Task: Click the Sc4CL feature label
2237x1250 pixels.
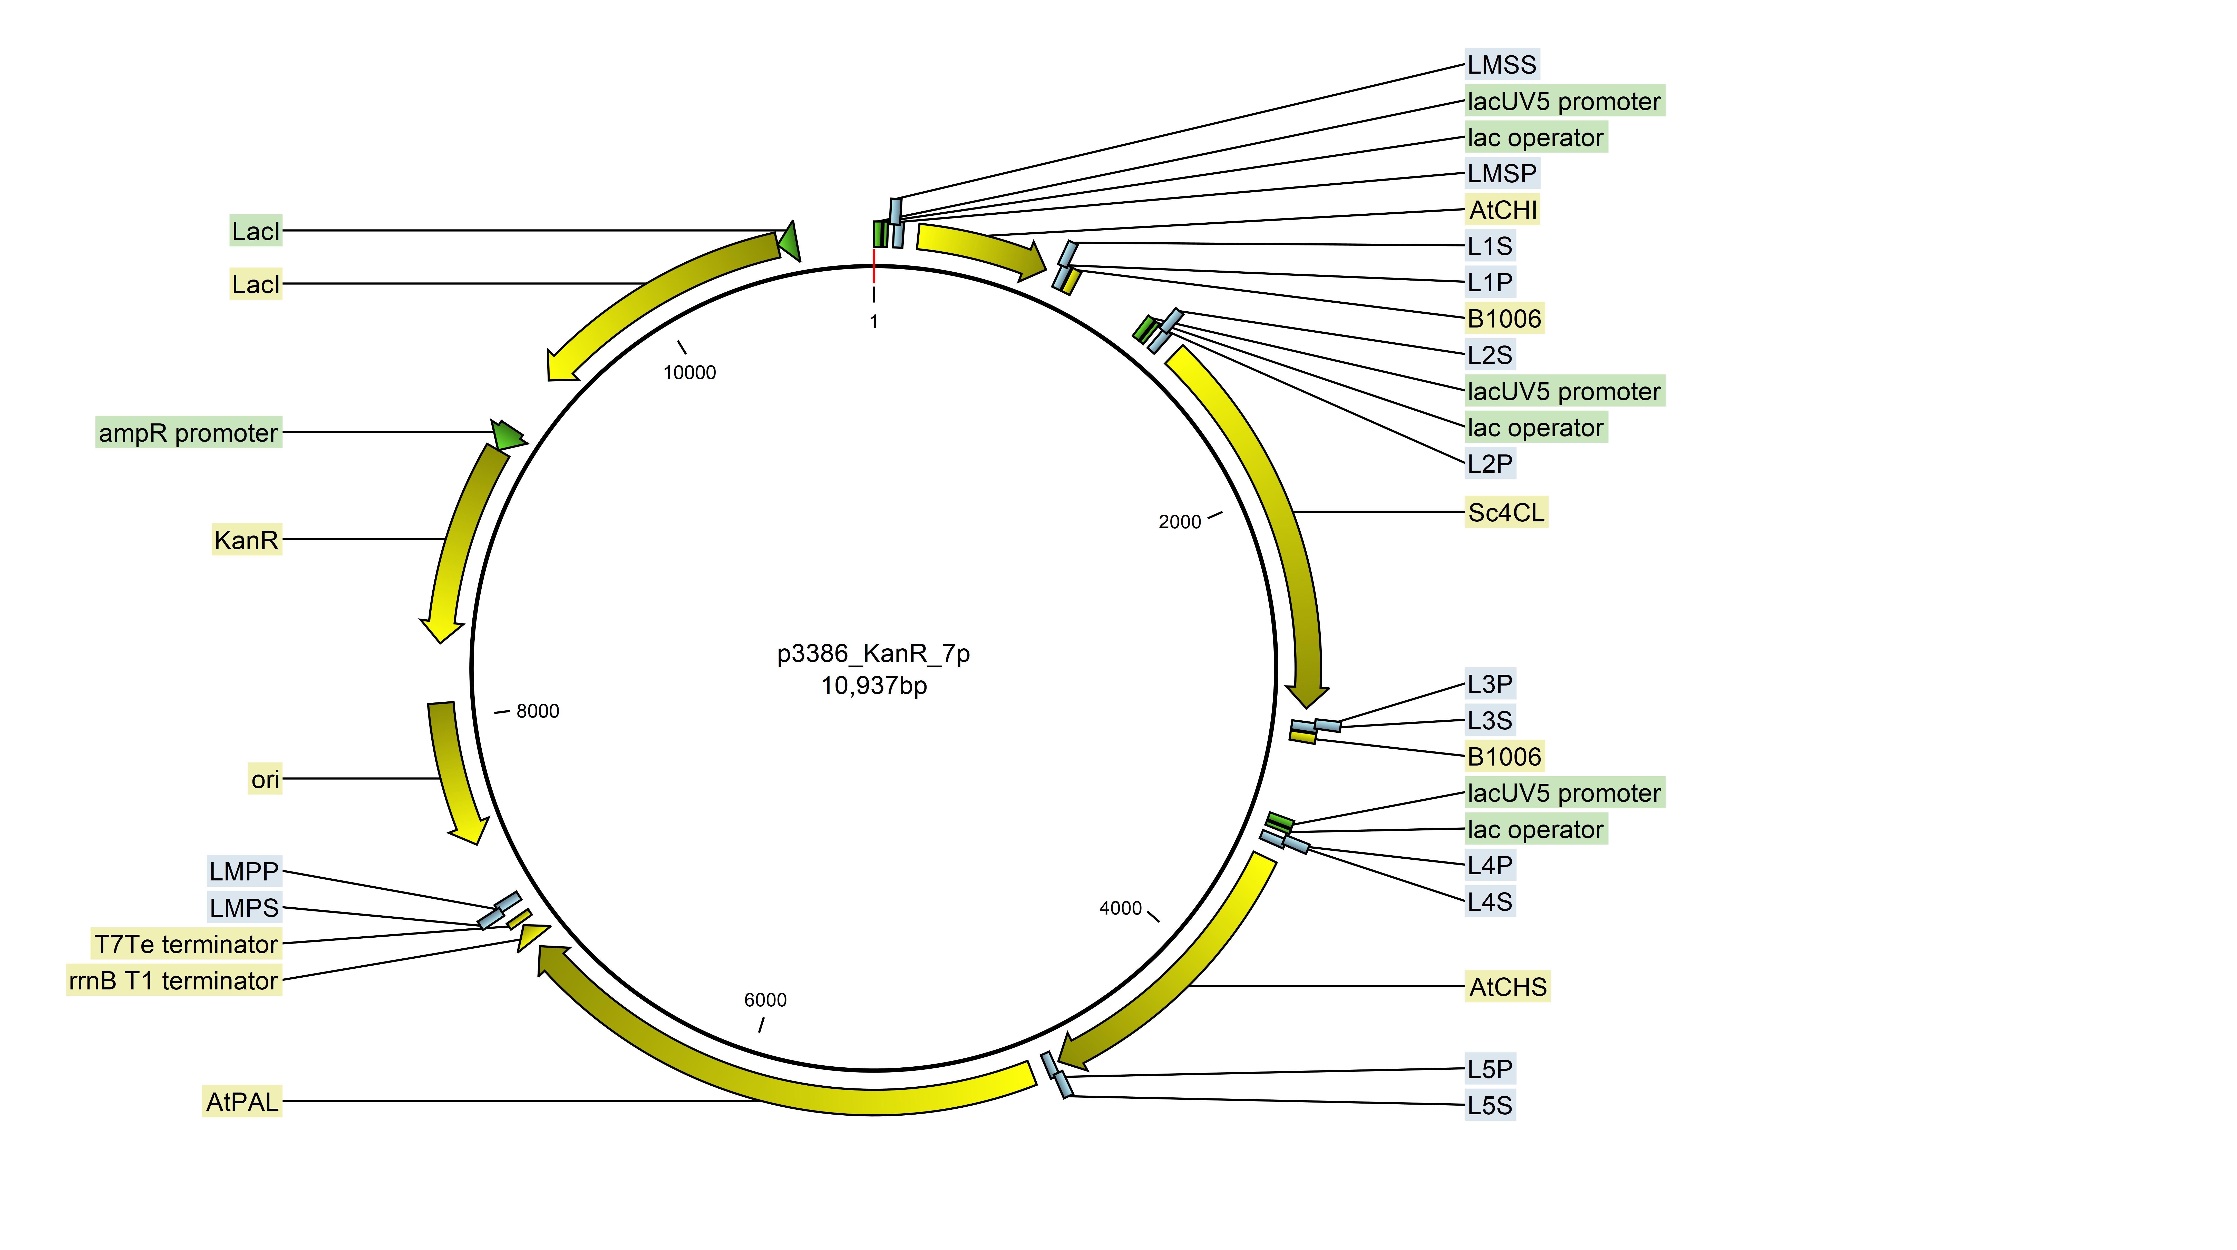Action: coord(1506,512)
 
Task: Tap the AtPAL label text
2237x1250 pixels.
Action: coord(242,1102)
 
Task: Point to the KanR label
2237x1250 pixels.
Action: coord(247,540)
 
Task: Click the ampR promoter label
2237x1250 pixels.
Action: coord(188,432)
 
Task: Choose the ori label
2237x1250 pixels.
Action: coord(265,779)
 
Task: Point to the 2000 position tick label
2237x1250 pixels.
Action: coord(1179,522)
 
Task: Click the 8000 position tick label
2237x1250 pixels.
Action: coord(538,711)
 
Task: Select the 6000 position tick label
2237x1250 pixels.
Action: coord(765,1000)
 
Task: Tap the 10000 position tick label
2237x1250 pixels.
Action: coord(689,372)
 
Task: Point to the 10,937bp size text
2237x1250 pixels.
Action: coord(874,686)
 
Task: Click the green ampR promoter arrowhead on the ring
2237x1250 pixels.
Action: coord(508,434)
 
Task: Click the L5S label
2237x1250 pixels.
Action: coord(1489,1105)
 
